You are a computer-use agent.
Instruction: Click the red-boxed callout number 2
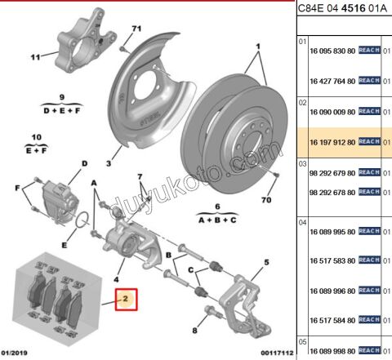(x=127, y=299)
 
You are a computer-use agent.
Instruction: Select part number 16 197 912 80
(x=332, y=141)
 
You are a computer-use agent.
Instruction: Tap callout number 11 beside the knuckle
(x=35, y=58)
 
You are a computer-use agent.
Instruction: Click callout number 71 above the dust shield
(x=136, y=29)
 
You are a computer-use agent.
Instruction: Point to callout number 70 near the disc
(x=265, y=200)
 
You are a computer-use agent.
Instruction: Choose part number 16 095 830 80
(x=332, y=50)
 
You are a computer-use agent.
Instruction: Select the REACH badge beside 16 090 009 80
(x=369, y=111)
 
